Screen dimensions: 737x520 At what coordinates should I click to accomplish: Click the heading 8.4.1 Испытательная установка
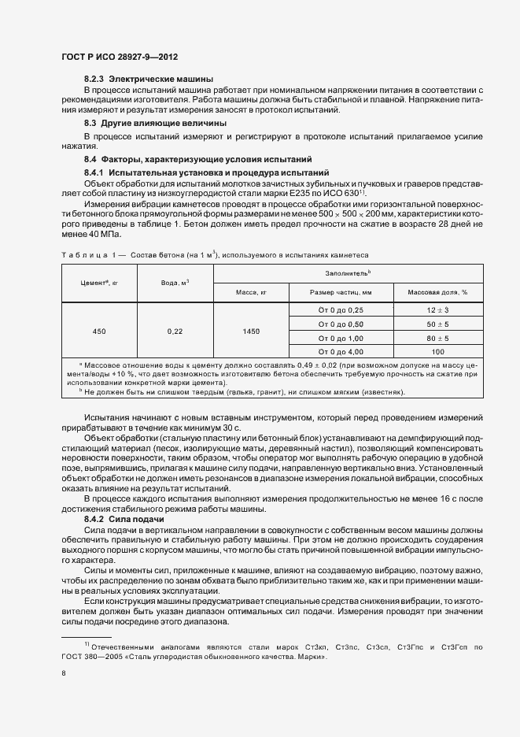tap(195, 172)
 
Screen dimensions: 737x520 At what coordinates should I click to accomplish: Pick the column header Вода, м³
tap(175, 282)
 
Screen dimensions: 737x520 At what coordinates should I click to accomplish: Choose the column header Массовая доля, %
tap(437, 292)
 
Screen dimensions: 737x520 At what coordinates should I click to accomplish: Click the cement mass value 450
tap(99, 331)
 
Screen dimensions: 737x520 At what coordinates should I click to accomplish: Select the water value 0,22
tap(175, 331)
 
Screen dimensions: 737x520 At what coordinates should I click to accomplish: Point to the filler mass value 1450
tap(252, 331)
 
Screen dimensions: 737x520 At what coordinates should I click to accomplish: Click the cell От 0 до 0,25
tap(340, 311)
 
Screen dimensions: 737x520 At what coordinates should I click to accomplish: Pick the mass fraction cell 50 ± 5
tap(437, 324)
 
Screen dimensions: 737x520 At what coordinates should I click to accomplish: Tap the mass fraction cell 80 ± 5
tap(437, 338)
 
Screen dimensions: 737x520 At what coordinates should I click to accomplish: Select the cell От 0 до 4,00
tap(340, 351)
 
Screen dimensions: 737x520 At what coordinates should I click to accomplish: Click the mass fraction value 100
tap(437, 351)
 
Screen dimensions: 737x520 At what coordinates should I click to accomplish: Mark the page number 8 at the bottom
tap(64, 673)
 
